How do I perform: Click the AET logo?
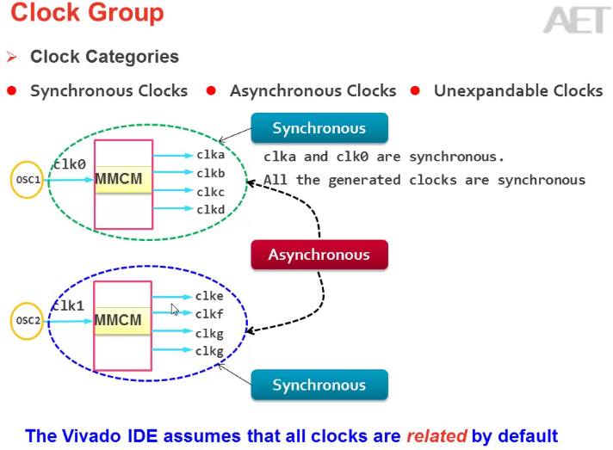pos(576,19)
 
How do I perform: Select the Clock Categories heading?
pos(104,57)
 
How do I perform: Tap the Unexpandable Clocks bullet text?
pos(518,90)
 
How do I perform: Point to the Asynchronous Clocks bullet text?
pos(313,90)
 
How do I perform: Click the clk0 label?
pos(70,163)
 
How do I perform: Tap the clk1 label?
pos(69,305)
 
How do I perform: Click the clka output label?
pos(210,155)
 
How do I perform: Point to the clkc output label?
pos(210,192)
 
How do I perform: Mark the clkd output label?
pos(210,209)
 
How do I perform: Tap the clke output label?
pos(209,297)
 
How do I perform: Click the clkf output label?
pos(209,314)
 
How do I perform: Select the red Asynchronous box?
pos(319,255)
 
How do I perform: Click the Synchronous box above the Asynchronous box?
pos(319,128)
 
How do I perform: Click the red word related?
pos(436,435)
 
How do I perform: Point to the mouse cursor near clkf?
pos(175,309)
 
